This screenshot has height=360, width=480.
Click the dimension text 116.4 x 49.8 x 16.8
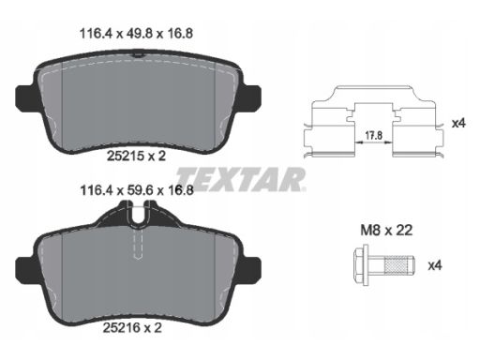point(136,34)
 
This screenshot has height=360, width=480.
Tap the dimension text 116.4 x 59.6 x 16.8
point(137,190)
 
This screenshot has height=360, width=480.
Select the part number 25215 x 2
point(136,156)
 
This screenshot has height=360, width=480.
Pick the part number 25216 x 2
point(132,327)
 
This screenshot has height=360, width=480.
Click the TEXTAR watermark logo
point(241,179)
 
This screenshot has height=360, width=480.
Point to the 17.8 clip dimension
point(374,135)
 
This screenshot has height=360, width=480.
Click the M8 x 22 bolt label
point(386,231)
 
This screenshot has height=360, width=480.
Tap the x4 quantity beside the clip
point(458,123)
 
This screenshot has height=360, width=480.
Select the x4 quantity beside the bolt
point(435,265)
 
